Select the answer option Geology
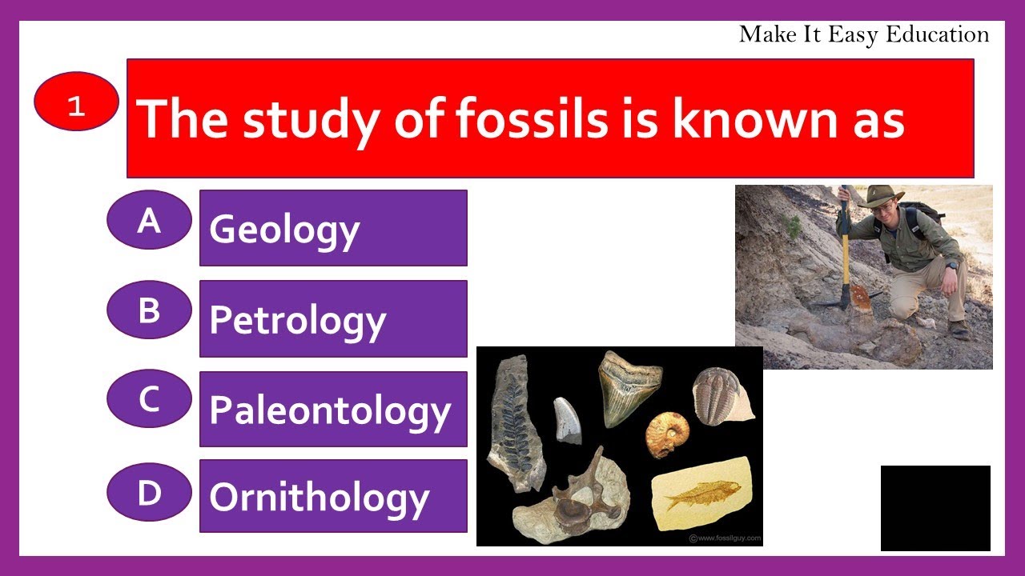click(x=332, y=228)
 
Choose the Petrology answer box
click(x=332, y=318)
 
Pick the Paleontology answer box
click(x=332, y=409)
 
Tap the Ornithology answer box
click(x=332, y=496)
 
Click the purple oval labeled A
click(x=149, y=220)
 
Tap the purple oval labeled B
click(x=149, y=310)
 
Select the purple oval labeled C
click(x=149, y=398)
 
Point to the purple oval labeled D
click(x=149, y=492)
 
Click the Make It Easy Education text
click(x=863, y=34)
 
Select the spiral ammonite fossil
click(x=666, y=433)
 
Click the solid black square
click(x=935, y=508)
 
